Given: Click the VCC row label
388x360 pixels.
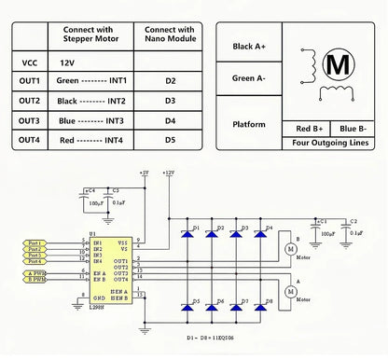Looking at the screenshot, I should tap(29, 62).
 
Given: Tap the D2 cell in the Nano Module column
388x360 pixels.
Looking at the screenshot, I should tap(170, 81).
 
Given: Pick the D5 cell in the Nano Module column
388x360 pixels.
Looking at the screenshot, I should tap(170, 140).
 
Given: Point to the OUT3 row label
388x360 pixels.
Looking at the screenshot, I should tap(29, 120).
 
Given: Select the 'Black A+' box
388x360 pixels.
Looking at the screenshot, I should tap(249, 45).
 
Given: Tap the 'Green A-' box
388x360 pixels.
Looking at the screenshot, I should tap(249, 78).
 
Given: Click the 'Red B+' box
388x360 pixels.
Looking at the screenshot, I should tap(311, 129).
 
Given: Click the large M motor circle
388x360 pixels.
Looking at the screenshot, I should tap(339, 64).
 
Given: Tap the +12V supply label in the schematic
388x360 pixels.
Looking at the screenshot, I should tap(167, 173).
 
